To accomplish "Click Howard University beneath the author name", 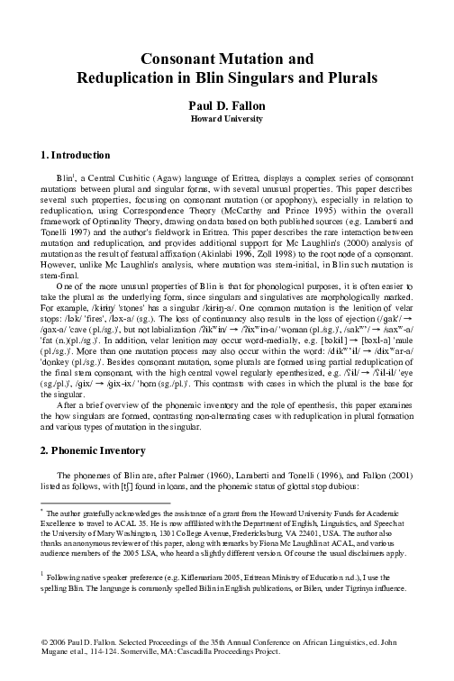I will pyautogui.click(x=227, y=118).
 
